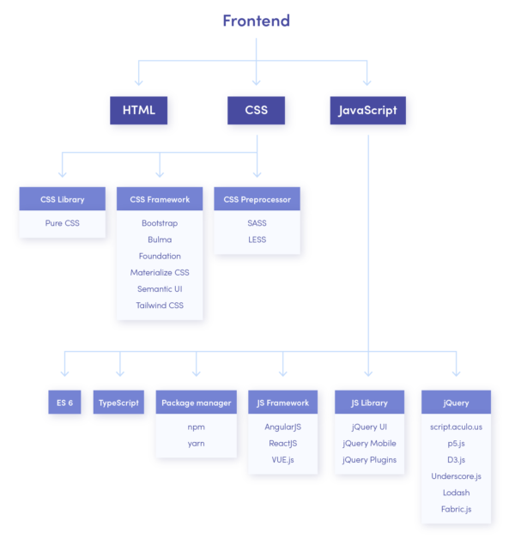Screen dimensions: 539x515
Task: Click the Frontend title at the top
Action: [x=256, y=21]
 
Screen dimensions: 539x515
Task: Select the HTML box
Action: [x=138, y=110]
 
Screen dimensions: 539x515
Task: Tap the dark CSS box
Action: [x=256, y=110]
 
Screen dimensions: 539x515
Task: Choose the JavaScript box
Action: [x=367, y=110]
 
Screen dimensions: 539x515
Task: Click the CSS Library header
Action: [x=63, y=199]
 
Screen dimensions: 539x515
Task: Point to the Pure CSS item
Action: [x=63, y=222]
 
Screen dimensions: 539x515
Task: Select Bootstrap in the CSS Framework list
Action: [x=160, y=222]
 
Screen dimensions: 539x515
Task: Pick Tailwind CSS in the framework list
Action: [x=160, y=306]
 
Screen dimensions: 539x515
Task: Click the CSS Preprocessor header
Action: [x=257, y=199]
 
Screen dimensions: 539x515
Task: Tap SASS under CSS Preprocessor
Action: [x=257, y=222]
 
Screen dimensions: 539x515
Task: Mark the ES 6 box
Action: [x=65, y=403]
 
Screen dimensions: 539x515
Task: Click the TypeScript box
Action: [x=118, y=403]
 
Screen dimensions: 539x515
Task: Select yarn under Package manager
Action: [x=196, y=443]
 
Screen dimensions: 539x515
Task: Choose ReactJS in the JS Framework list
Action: [x=282, y=443]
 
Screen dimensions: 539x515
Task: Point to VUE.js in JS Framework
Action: [x=282, y=460]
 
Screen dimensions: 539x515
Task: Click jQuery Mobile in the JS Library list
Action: [x=369, y=443]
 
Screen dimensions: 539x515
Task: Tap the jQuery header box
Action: [x=456, y=403]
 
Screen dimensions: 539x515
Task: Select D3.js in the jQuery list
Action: [x=456, y=460]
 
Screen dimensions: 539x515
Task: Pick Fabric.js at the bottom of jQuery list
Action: [x=456, y=510]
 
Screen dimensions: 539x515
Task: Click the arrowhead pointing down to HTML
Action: [x=138, y=82]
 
